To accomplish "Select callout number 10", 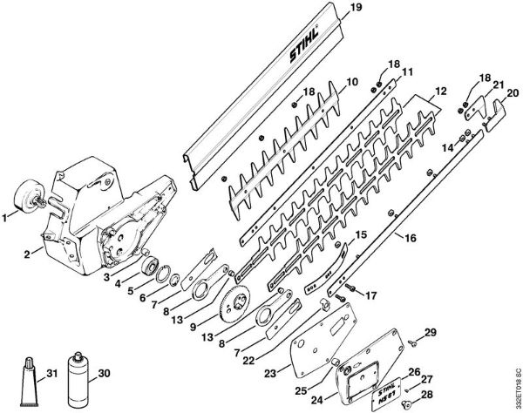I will [352, 83].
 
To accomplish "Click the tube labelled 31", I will [27, 376].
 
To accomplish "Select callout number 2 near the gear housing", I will [29, 254].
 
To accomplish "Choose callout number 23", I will [271, 372].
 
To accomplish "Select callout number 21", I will [499, 85].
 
